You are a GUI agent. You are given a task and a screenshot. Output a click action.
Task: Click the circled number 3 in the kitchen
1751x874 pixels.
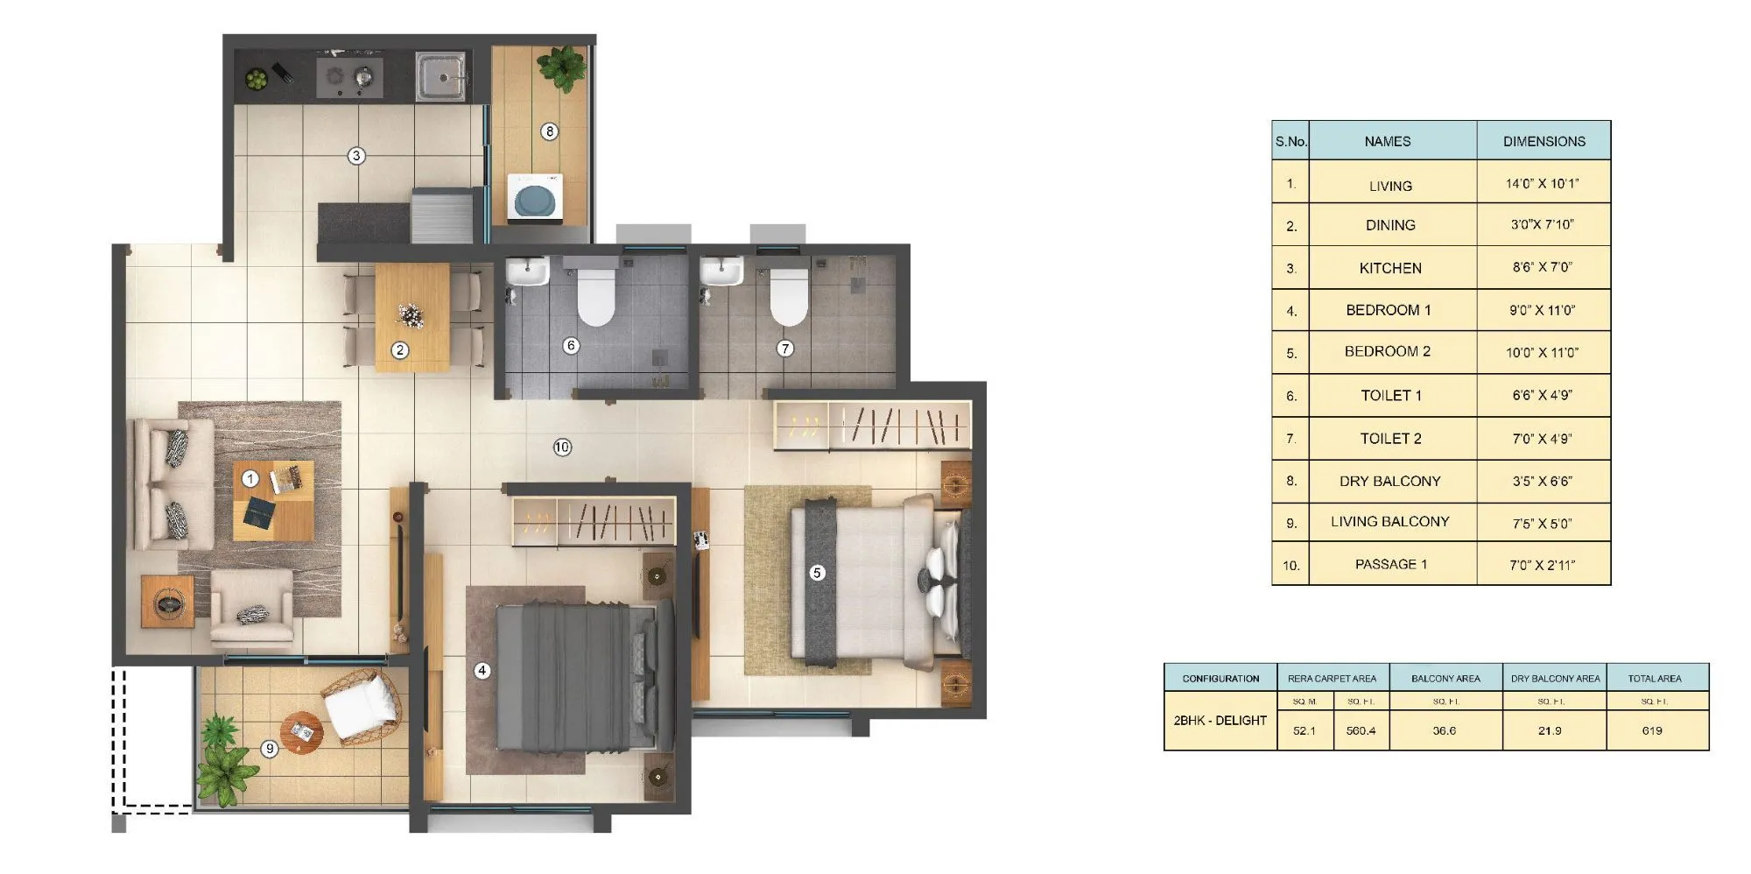(355, 156)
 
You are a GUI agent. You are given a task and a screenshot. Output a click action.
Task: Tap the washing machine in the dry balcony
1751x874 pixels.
(534, 198)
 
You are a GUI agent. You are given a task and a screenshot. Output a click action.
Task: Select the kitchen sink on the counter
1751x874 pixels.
(440, 76)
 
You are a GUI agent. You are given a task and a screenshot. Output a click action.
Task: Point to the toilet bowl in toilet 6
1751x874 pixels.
(596, 296)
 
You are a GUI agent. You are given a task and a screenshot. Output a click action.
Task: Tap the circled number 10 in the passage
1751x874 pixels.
(562, 448)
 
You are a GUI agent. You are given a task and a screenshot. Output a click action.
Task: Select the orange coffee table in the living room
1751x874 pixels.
(273, 500)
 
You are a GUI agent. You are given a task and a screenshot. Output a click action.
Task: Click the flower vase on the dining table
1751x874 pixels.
(410, 315)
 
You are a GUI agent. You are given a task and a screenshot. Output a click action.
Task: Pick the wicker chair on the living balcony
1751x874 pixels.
(362, 706)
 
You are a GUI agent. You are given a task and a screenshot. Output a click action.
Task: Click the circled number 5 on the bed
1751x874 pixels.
(817, 573)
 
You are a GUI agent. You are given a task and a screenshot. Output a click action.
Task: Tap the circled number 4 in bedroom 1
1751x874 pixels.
(482, 671)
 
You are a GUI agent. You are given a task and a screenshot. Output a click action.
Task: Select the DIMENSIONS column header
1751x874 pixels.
(1544, 141)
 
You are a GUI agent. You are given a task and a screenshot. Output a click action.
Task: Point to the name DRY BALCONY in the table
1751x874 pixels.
(1389, 481)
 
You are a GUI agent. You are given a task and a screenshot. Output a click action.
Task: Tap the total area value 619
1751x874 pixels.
(1652, 730)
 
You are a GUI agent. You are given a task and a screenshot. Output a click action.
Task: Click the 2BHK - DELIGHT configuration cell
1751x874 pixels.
(1220, 720)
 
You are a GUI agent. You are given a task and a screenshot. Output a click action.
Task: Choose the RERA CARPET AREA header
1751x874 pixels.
(1332, 678)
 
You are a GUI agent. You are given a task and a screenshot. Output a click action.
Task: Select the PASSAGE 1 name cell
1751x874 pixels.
(1390, 564)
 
